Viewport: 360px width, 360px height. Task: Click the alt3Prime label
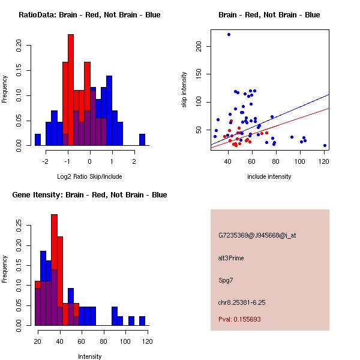tap(231, 258)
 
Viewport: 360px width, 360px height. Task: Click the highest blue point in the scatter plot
tap(229, 35)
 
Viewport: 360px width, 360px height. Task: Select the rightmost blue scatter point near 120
tap(325, 145)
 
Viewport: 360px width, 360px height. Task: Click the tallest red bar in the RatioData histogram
tap(71, 90)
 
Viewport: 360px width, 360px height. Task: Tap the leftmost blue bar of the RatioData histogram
tap(37, 139)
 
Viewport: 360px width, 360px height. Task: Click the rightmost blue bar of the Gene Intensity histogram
tap(142, 321)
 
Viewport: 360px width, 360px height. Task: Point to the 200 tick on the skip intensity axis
tap(198, 46)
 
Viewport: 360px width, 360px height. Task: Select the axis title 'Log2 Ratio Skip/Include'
tap(89, 176)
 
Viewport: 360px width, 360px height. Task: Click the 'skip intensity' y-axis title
tap(185, 90)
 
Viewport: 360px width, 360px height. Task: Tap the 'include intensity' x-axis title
tap(269, 176)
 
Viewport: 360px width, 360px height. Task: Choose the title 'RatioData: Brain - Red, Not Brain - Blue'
tap(89, 14)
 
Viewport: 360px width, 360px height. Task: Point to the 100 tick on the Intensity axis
tap(125, 341)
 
